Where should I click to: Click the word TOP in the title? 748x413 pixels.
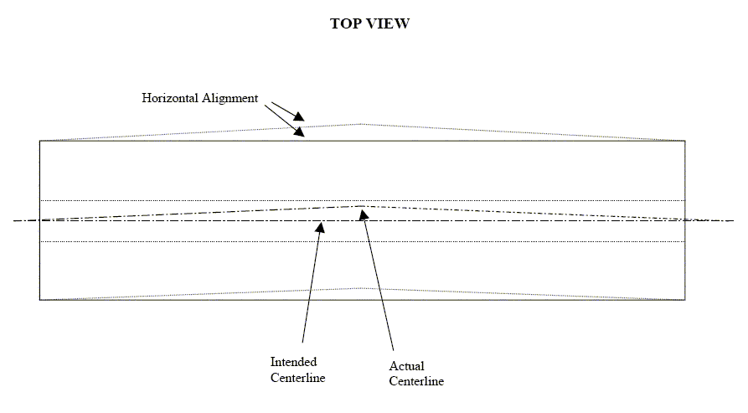(346, 23)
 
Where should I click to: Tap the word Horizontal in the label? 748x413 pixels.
(170, 98)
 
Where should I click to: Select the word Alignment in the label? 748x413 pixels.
(230, 98)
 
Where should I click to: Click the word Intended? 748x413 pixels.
(293, 362)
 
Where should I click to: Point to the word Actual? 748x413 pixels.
(406, 366)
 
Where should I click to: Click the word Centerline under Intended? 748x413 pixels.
(297, 378)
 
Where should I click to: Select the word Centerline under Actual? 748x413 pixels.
(416, 381)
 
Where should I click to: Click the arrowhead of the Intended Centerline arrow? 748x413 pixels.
(321, 227)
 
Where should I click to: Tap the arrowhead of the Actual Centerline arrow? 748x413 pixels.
(364, 215)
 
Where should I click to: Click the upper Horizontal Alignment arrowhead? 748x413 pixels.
(299, 116)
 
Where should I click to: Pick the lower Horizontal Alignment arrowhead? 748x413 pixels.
(300, 132)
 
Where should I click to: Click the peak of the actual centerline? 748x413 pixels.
(362, 206)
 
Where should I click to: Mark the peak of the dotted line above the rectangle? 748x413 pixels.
(362, 124)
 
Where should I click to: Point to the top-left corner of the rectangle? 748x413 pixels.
(39, 141)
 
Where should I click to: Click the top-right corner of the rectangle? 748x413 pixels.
(685, 141)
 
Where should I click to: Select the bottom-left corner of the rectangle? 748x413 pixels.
(39, 300)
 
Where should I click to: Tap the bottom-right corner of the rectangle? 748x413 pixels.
(685, 300)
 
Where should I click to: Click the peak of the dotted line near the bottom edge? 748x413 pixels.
(362, 288)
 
